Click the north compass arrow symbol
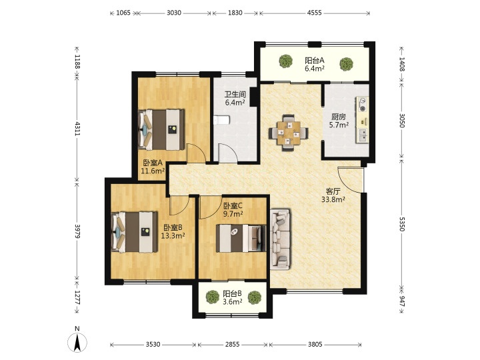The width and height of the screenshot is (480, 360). pyautogui.click(x=77, y=342)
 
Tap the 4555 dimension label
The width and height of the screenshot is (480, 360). pyautogui.click(x=314, y=13)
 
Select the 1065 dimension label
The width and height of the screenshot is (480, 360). pyautogui.click(x=124, y=13)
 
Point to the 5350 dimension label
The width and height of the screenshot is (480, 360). pyautogui.click(x=402, y=224)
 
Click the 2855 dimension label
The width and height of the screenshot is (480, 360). pyautogui.click(x=233, y=345)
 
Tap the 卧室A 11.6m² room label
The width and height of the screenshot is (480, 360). pyautogui.click(x=153, y=167)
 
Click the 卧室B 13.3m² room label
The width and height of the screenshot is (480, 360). pyautogui.click(x=173, y=231)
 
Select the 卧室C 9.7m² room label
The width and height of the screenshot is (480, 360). pyautogui.click(x=233, y=210)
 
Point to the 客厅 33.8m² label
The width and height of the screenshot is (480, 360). pyautogui.click(x=333, y=195)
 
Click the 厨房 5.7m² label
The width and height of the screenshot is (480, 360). pyautogui.click(x=339, y=121)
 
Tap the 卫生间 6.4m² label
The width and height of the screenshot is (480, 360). pyautogui.click(x=235, y=98)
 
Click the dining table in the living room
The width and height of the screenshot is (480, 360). pyautogui.click(x=289, y=133)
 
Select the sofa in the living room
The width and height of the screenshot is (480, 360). pyautogui.click(x=280, y=239)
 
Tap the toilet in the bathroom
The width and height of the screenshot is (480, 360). pyautogui.click(x=221, y=120)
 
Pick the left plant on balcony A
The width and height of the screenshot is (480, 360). pyautogui.click(x=285, y=61)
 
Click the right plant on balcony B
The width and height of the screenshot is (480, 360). pyautogui.click(x=255, y=297)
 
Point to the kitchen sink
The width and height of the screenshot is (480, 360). pyautogui.click(x=363, y=135)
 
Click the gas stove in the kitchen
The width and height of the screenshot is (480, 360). pyautogui.click(x=363, y=105)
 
